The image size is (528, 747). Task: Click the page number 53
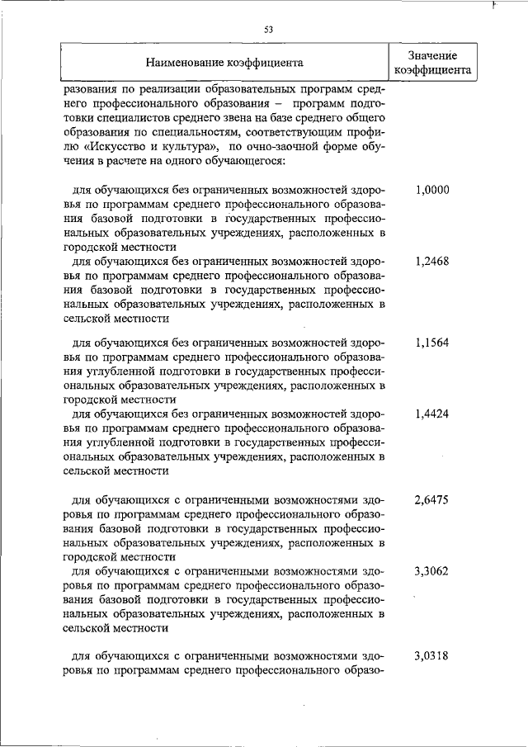point(268,30)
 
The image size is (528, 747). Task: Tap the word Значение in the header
point(431,54)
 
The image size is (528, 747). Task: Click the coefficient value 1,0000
point(431,190)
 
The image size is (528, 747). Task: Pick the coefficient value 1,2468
point(431,261)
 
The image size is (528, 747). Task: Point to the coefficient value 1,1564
point(431,343)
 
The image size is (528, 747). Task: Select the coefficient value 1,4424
point(431,414)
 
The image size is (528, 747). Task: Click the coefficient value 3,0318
point(431,656)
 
